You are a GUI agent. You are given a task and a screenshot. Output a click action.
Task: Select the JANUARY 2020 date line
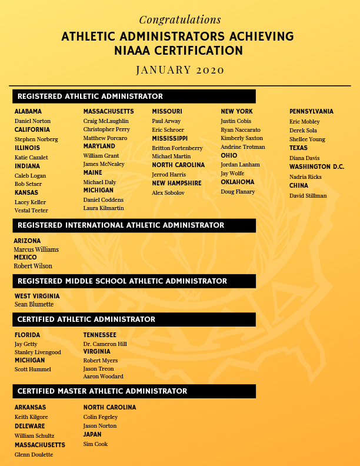click(180, 69)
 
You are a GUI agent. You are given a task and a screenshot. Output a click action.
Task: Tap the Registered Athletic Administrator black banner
click(134, 96)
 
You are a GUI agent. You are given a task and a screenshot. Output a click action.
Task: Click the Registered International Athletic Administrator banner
click(134, 225)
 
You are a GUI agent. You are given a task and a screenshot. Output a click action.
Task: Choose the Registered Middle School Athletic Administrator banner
click(134, 281)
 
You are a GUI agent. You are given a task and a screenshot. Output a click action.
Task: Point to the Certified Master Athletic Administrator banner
click(134, 391)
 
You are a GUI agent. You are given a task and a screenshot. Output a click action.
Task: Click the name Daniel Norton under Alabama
click(32, 121)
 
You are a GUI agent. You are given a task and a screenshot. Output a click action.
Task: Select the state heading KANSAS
click(27, 193)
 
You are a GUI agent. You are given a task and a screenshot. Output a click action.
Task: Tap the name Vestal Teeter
click(31, 211)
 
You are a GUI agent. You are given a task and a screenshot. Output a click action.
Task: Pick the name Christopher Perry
click(106, 129)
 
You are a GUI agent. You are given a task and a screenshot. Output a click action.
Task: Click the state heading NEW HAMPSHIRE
click(176, 184)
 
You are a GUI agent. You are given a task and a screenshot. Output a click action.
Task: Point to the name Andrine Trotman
click(243, 147)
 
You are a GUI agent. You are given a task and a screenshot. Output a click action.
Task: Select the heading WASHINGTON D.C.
click(316, 167)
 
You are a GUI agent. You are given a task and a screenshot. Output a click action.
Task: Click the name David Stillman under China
click(308, 196)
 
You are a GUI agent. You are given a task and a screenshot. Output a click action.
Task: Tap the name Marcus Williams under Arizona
click(36, 249)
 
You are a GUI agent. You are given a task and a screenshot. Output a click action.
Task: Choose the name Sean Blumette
click(34, 305)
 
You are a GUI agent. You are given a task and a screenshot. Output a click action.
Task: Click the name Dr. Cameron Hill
click(105, 344)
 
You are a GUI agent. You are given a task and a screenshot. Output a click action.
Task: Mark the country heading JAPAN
click(92, 435)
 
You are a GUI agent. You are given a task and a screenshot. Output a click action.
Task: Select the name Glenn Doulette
click(34, 455)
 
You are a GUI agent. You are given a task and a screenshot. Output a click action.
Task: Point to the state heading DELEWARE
click(31, 426)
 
